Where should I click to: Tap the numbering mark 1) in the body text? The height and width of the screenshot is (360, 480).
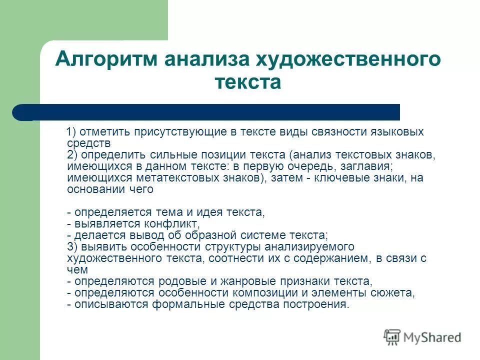point(71,132)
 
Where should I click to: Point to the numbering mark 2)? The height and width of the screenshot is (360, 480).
point(71,155)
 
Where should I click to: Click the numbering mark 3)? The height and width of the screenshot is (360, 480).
point(71,247)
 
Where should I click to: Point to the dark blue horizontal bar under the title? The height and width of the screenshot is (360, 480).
point(210,112)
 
